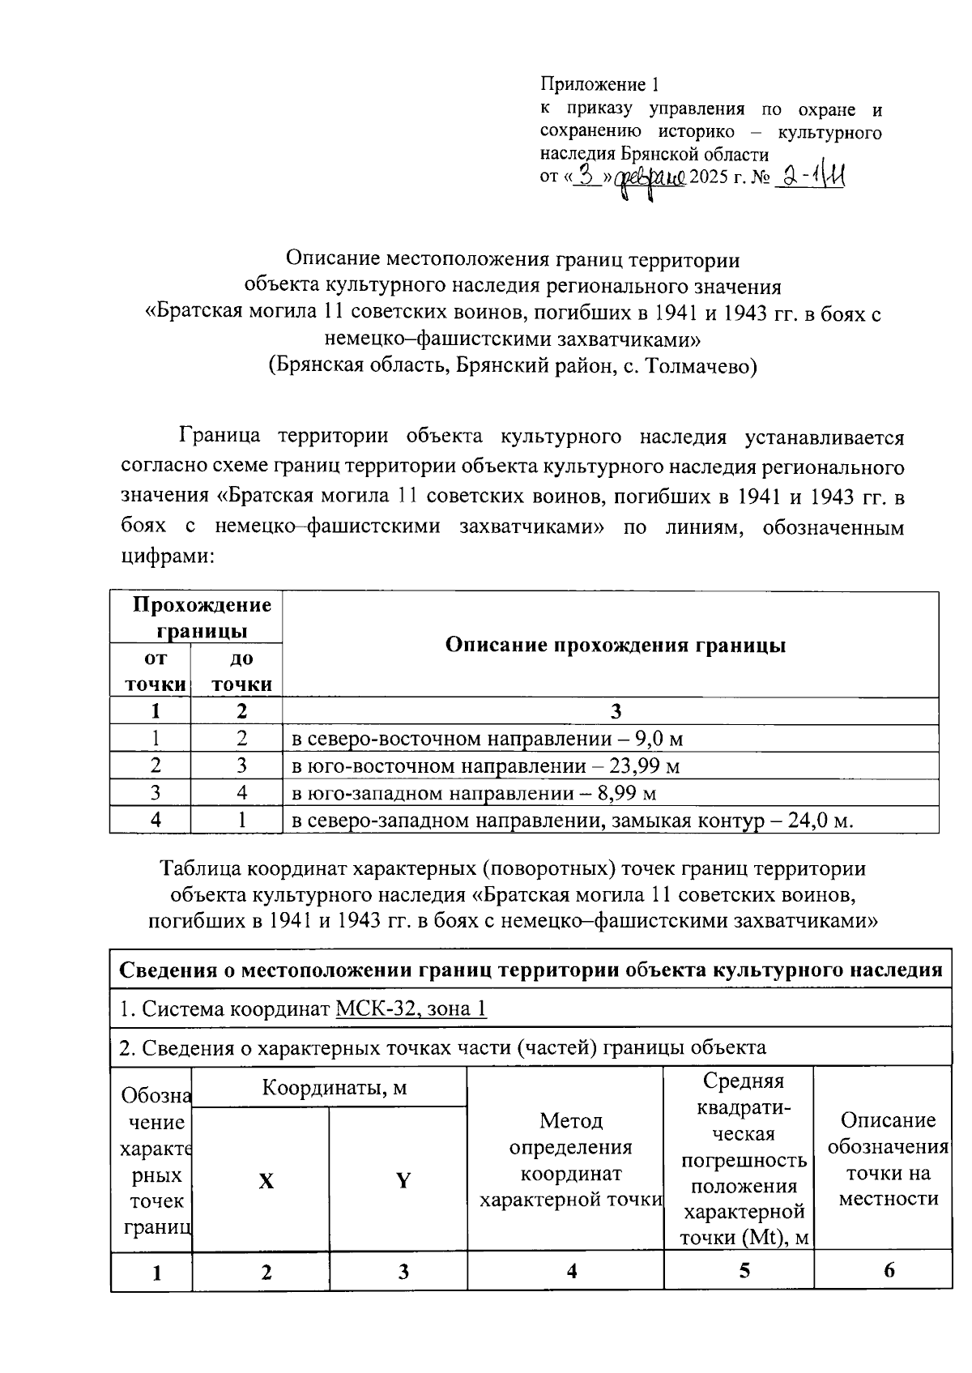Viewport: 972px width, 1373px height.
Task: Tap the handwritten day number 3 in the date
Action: pos(587,176)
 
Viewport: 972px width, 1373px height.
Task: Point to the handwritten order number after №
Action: pos(811,176)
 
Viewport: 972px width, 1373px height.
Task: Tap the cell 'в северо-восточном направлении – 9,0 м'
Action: pos(487,739)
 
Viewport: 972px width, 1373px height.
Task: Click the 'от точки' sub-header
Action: pos(155,672)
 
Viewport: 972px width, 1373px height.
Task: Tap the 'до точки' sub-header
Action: pos(241,672)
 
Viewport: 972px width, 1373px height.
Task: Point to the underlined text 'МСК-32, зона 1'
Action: pos(411,1009)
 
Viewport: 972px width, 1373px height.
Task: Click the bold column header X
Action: pos(266,1181)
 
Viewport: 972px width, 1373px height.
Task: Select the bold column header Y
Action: pos(403,1181)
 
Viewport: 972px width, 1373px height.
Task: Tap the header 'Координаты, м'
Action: pos(334,1088)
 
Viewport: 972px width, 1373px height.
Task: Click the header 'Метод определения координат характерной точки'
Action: pos(570,1160)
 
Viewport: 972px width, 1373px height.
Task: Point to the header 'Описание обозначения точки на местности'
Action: pos(888,1159)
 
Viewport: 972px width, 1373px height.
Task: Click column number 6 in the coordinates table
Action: pos(889,1270)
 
